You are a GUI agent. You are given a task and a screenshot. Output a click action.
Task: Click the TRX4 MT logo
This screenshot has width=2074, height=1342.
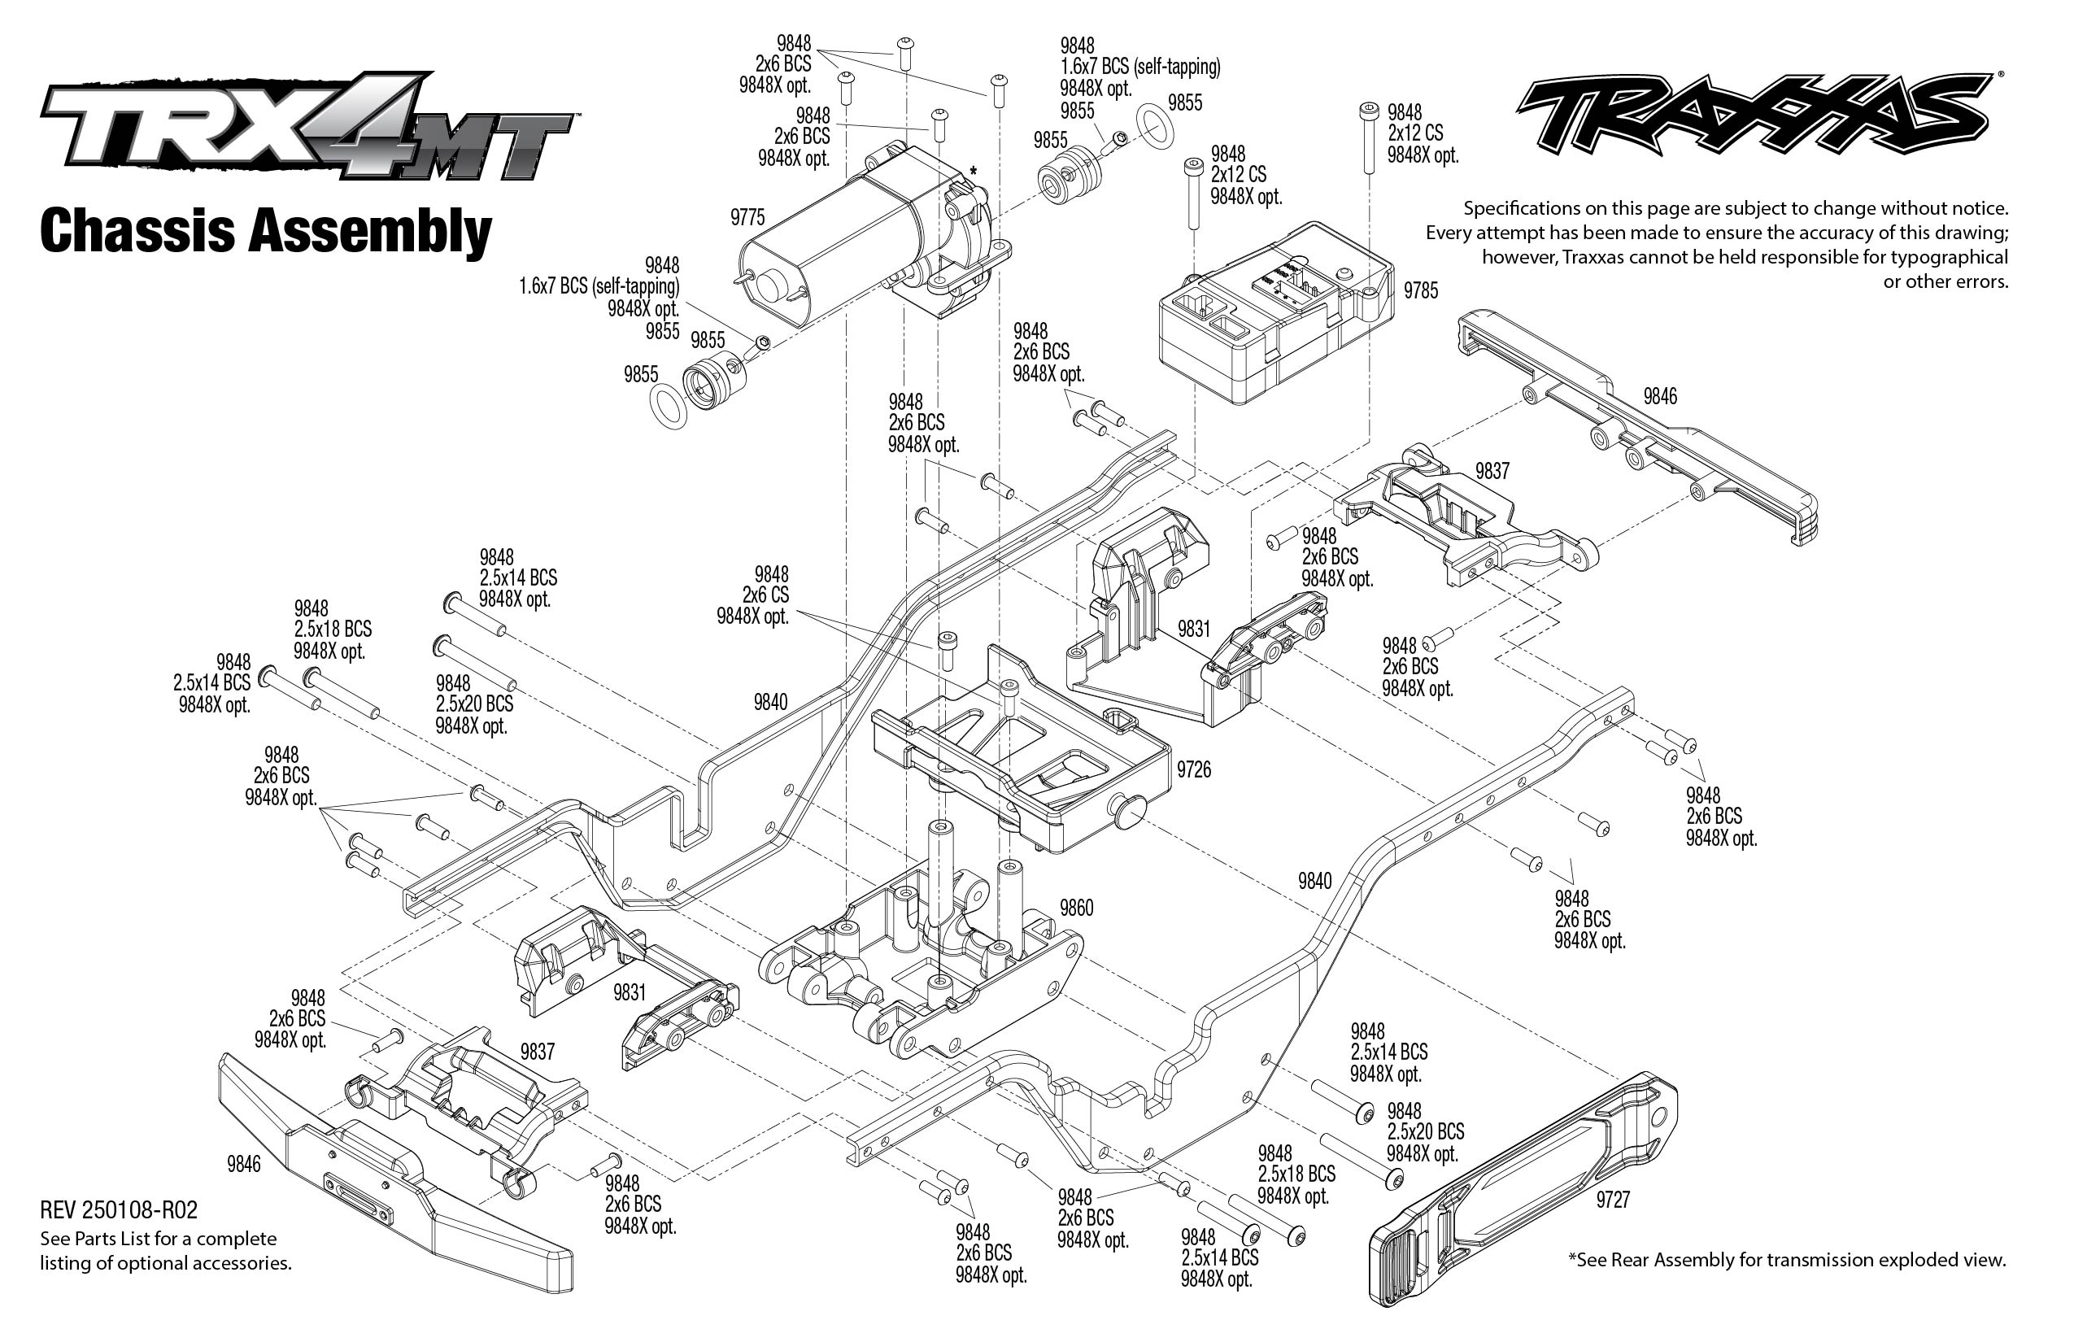click(x=305, y=126)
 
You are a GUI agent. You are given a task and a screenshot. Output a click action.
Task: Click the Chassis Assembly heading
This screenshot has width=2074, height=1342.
click(x=266, y=232)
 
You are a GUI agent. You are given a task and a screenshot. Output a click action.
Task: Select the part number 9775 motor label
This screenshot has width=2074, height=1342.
click(x=747, y=217)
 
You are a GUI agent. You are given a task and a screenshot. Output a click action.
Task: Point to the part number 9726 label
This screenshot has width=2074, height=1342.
click(x=1193, y=769)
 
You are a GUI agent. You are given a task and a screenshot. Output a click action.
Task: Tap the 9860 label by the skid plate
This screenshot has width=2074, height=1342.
click(x=1076, y=908)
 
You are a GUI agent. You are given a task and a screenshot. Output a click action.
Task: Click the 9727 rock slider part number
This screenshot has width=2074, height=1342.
click(x=1612, y=1200)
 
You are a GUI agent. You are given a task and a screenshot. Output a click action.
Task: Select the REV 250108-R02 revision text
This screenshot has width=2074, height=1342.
click(x=119, y=1209)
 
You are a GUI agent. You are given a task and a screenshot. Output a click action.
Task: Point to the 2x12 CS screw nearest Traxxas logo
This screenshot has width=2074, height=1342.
click(x=1368, y=139)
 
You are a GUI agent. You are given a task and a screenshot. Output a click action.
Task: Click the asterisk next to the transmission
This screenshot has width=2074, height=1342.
click(x=972, y=172)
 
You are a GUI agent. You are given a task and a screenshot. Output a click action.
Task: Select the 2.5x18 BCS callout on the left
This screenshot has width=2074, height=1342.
click(x=332, y=630)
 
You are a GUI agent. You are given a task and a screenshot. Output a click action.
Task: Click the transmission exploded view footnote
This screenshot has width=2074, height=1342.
click(x=1786, y=1259)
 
